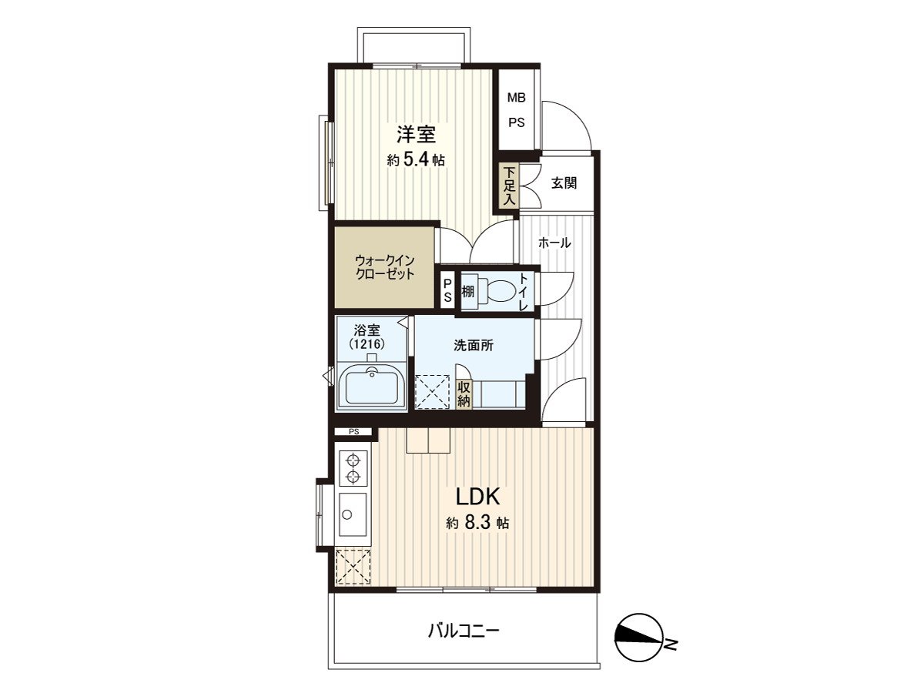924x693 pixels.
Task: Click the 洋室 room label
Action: (x=417, y=135)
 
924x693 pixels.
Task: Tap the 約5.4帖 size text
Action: (x=416, y=160)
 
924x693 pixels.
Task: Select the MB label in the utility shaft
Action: (x=516, y=98)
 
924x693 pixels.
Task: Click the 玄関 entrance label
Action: (x=564, y=184)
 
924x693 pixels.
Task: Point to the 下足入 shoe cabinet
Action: (x=508, y=186)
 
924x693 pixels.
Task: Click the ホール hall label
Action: (x=554, y=243)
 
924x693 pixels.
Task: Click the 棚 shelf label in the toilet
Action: (x=467, y=291)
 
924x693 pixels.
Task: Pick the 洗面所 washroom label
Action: (x=473, y=346)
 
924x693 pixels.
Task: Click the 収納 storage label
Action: (x=464, y=393)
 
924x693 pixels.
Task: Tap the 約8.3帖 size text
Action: (x=477, y=523)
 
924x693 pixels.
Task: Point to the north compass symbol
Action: (x=638, y=638)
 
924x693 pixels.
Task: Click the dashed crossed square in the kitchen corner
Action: (x=353, y=567)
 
